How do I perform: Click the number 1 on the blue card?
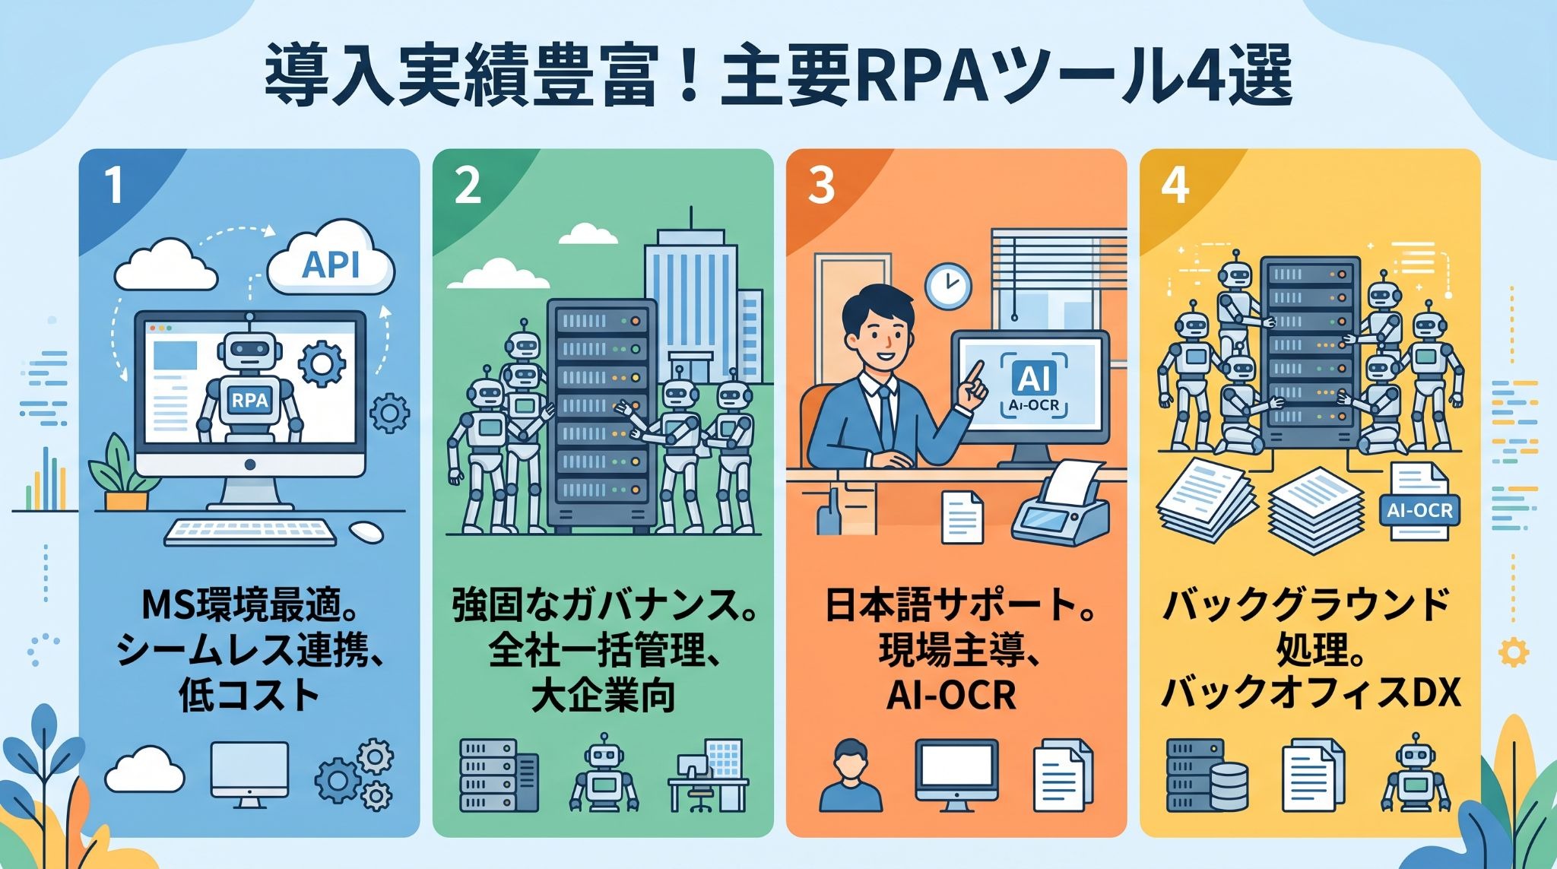coord(114,184)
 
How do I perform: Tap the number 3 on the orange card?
coord(821,184)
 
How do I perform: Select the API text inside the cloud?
coord(331,265)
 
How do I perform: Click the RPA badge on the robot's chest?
coord(249,399)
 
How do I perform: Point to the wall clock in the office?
coord(948,286)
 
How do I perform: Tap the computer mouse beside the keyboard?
coord(366,531)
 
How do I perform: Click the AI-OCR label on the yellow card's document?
coord(1419,510)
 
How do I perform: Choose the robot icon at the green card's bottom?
coord(604,772)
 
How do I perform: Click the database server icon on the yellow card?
coord(1207,775)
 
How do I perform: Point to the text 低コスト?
coord(249,695)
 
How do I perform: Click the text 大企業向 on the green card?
coord(603,695)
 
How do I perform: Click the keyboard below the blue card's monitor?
coord(250,531)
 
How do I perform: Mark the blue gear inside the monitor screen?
coord(321,364)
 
